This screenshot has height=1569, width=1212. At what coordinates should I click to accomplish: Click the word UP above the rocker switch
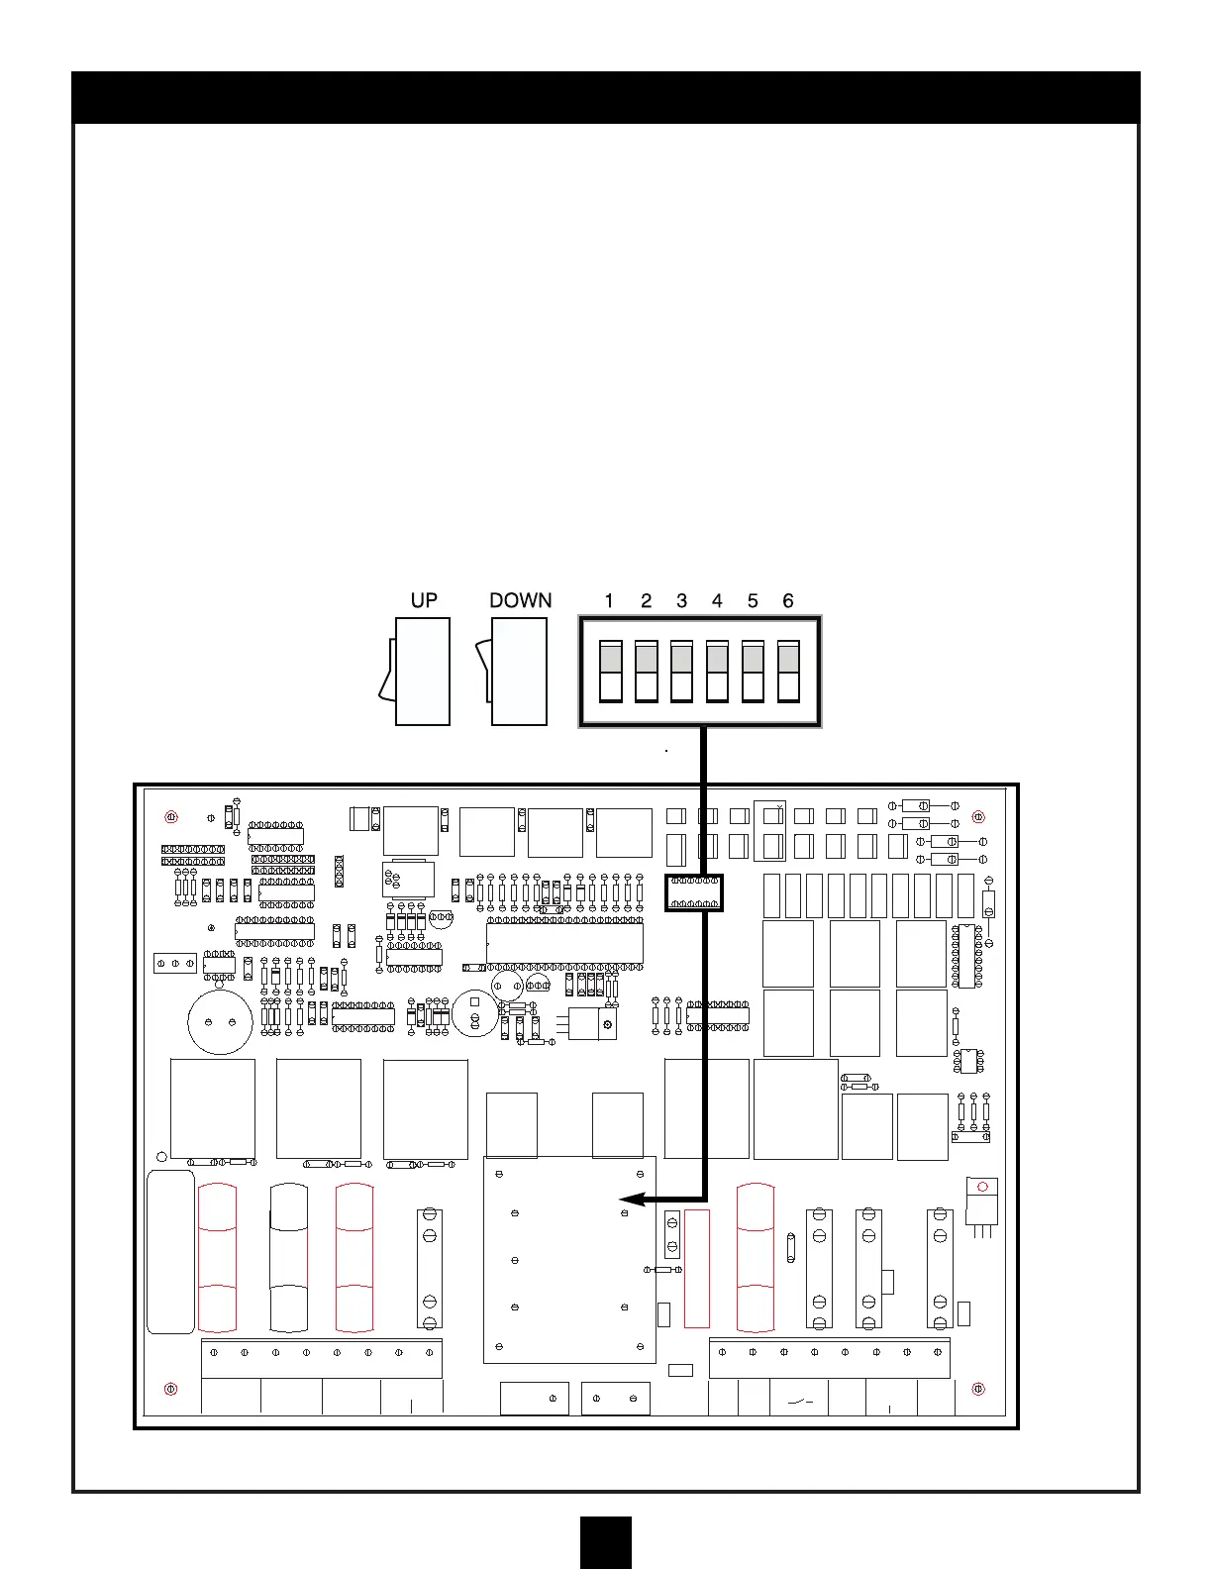tap(424, 600)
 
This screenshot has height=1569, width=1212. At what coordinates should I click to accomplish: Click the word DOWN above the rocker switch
tap(520, 600)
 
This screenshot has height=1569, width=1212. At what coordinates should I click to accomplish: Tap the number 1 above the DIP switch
tap(609, 600)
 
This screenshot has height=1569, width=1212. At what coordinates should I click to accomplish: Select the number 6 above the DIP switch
tap(787, 600)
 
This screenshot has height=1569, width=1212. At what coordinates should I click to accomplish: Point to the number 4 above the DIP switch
tap(717, 600)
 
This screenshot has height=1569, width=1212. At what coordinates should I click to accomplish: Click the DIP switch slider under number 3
tap(681, 671)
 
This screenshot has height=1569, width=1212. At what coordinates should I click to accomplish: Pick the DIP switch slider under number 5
tap(753, 671)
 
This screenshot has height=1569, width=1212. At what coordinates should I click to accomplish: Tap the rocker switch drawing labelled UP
tap(415, 671)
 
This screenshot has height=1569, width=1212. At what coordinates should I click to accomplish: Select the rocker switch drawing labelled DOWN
tap(512, 671)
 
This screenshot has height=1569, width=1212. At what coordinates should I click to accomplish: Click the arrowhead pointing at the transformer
tap(633, 1200)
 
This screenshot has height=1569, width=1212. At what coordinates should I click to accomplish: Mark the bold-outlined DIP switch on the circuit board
tap(694, 892)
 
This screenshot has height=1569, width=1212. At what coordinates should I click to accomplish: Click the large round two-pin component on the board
tap(220, 1022)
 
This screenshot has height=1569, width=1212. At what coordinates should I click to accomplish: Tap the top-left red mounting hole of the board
tap(171, 817)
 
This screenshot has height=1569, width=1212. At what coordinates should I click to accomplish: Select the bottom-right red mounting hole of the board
tap(978, 1389)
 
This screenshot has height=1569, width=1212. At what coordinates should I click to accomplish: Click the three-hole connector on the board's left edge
tap(175, 963)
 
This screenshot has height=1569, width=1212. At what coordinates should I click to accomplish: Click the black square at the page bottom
tap(606, 1542)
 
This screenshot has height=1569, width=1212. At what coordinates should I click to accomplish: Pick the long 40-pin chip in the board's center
tap(564, 944)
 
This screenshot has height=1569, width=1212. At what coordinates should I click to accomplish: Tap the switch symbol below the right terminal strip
tap(800, 1402)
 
